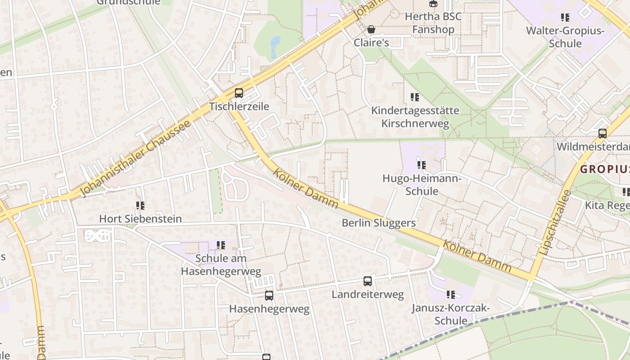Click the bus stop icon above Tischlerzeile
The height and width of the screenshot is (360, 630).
(x=238, y=93)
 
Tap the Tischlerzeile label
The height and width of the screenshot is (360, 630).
(x=239, y=107)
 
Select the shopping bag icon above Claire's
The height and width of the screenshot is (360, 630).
(x=371, y=29)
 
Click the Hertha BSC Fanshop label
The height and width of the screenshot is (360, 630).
(x=433, y=23)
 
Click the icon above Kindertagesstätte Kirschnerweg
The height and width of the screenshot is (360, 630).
(x=415, y=97)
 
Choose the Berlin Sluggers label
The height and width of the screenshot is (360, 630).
(x=378, y=223)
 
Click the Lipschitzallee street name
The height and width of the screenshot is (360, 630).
(x=554, y=223)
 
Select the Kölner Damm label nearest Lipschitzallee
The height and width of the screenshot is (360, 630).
(x=477, y=256)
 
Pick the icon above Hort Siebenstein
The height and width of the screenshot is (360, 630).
(x=140, y=206)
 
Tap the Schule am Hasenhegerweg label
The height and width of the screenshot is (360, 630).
(x=220, y=265)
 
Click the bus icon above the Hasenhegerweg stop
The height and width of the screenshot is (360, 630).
(x=269, y=296)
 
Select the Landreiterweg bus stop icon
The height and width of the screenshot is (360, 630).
(x=368, y=281)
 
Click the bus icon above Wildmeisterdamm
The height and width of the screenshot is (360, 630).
(x=602, y=134)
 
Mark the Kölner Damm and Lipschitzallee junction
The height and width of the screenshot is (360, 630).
(x=532, y=276)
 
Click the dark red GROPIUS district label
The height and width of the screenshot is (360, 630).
(x=604, y=169)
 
